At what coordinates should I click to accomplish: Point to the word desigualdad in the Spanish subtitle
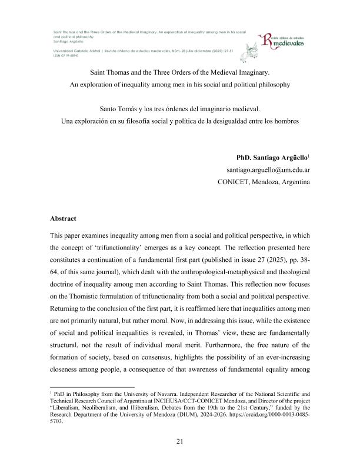click(x=238, y=122)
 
